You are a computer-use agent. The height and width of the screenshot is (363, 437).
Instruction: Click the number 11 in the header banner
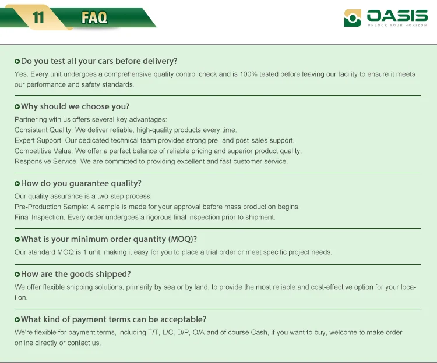pos(38,18)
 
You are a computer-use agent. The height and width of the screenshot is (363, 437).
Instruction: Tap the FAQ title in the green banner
pos(94,18)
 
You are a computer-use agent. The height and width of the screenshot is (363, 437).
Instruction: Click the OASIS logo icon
pos(353,18)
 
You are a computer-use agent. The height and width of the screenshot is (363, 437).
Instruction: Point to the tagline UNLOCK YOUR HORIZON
pos(397,26)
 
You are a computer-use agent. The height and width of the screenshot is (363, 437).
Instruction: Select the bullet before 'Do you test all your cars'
pos(17,61)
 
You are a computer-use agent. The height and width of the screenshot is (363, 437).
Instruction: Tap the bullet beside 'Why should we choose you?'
pos(17,106)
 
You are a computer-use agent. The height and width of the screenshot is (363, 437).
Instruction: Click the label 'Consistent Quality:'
pos(44,130)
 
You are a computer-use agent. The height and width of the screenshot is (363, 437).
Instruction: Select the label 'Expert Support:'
pos(38,140)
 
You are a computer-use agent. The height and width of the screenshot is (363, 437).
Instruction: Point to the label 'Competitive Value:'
pos(44,151)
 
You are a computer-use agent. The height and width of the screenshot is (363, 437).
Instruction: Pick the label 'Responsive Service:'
pos(46,161)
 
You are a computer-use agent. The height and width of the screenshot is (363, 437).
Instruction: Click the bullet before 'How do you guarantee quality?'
pos(17,184)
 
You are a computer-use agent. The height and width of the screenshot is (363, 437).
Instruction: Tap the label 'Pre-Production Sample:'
pos(51,207)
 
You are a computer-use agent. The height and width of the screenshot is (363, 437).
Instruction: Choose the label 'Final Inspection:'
pos(40,217)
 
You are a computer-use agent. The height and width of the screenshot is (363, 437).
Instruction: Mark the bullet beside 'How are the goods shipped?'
pos(17,274)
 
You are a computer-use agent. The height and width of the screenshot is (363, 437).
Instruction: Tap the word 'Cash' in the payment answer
pos(259,332)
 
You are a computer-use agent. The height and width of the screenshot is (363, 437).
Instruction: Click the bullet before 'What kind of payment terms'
pos(17,319)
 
